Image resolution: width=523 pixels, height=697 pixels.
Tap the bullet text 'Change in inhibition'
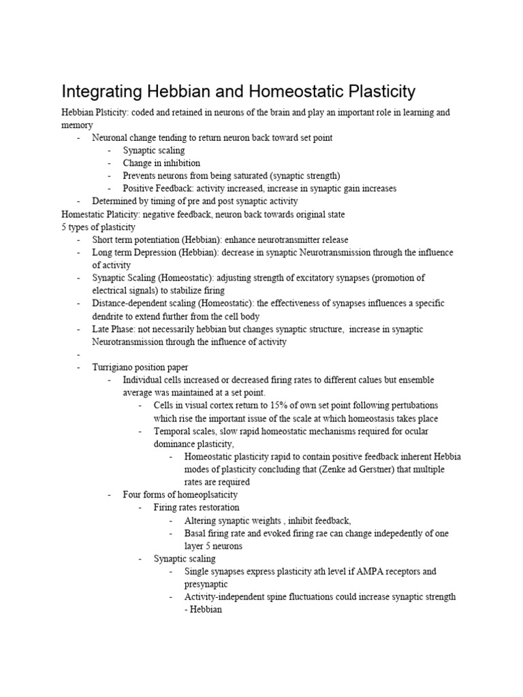coord(161,163)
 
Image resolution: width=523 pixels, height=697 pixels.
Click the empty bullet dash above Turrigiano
coord(80,355)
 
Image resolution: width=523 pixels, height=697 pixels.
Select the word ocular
coord(415,432)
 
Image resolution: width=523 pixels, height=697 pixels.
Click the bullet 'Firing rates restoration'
coord(196,508)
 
